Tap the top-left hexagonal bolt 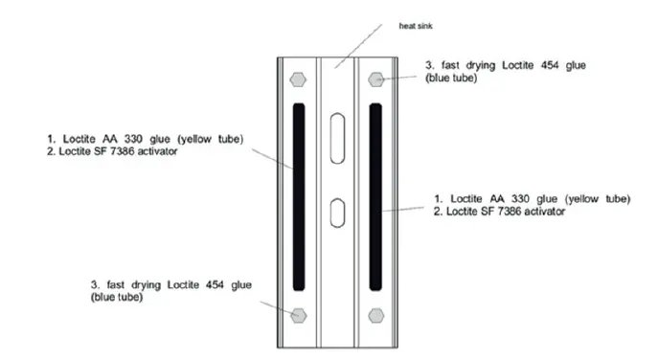(298, 79)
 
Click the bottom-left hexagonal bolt (299, 314)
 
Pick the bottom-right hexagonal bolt (376, 314)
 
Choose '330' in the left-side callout (138, 139)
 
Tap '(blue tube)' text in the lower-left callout (118, 297)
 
